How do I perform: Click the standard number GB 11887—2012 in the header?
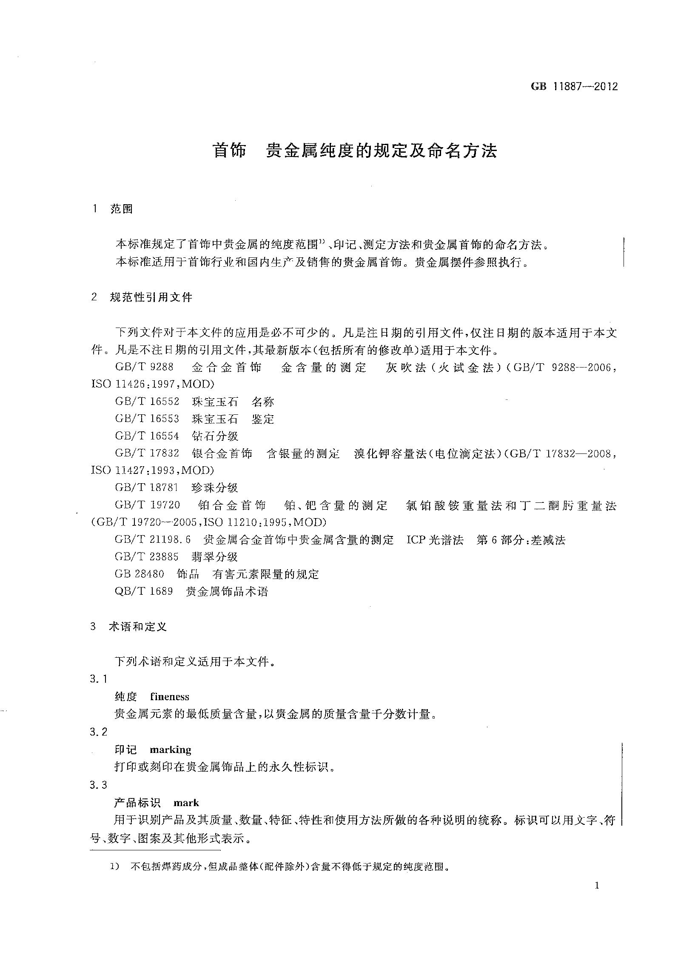coord(574,86)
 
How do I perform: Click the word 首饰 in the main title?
coord(230,151)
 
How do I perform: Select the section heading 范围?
coord(122,209)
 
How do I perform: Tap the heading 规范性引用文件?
coord(151,297)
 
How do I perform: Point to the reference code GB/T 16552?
coord(147,401)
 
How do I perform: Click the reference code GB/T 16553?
coord(147,419)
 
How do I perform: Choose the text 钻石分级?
coord(215,436)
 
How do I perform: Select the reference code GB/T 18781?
coord(147,487)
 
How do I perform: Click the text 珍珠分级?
coord(215,487)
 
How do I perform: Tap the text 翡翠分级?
coord(215,557)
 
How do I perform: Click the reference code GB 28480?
coord(139,574)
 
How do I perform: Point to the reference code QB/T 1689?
coord(144,591)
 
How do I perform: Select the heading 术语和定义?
coord(138,627)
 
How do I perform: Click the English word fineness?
coord(170,697)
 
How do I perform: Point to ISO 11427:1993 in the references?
coord(136,470)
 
